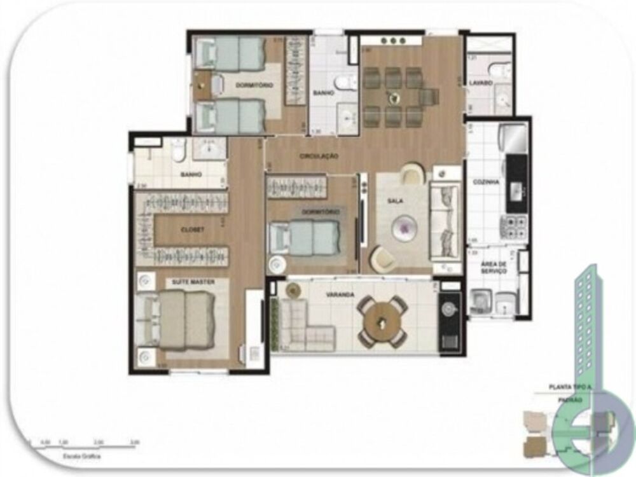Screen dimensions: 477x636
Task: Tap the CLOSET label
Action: click(192, 230)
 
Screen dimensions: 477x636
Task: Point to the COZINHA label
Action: click(485, 182)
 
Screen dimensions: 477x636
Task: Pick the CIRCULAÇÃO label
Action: click(320, 156)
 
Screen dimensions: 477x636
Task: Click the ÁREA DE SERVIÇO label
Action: click(494, 267)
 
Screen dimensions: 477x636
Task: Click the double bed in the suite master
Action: click(184, 321)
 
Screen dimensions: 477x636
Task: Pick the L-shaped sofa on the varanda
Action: click(305, 324)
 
